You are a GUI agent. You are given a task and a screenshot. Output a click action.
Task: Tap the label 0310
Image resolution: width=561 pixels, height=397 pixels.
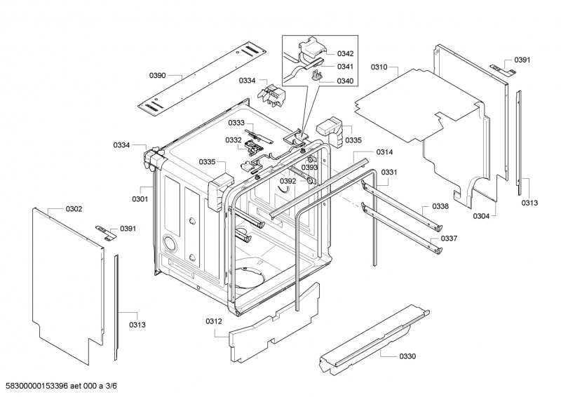[x=379, y=67]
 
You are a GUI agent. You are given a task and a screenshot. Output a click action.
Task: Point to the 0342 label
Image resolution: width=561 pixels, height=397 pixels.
[x=345, y=53]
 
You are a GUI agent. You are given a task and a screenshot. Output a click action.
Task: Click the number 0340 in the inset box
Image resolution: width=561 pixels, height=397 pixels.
[x=345, y=81]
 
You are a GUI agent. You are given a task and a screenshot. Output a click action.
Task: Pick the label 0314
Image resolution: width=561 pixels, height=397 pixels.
[x=384, y=152]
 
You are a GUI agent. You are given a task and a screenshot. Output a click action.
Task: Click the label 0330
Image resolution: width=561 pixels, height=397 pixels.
[x=407, y=356]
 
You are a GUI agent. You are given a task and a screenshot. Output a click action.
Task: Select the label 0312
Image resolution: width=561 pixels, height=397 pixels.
[x=214, y=321]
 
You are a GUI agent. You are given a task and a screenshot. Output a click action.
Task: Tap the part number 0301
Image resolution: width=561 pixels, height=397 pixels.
[x=140, y=198]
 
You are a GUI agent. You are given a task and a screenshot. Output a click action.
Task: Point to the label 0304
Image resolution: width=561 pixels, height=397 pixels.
[x=481, y=216]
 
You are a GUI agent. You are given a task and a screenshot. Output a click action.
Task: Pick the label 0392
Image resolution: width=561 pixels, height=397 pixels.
[x=288, y=182]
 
